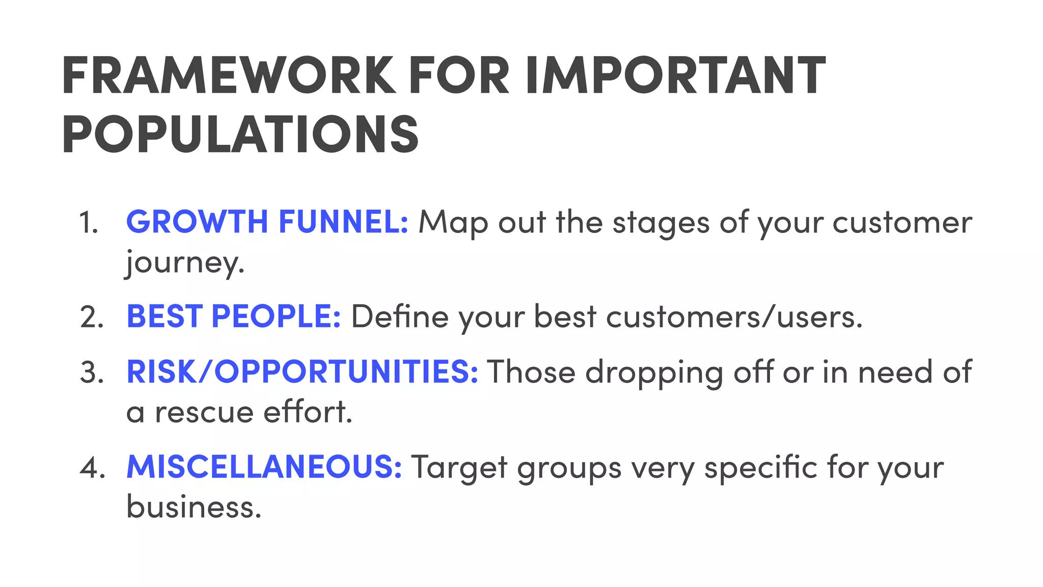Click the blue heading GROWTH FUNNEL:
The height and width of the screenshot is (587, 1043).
267,222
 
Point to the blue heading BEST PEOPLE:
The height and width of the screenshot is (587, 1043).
234,316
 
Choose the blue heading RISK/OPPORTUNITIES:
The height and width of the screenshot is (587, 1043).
303,371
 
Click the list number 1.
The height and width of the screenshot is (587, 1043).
89,223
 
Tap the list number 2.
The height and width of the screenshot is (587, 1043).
92,317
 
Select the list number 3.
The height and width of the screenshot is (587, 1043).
92,372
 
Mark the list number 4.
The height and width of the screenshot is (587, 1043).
92,467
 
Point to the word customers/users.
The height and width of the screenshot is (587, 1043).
734,317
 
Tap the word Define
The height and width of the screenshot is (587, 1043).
400,317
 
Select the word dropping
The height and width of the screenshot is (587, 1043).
654,372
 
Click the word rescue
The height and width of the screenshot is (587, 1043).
204,412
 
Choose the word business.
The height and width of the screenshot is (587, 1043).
194,507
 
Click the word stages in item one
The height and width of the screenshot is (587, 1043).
661,223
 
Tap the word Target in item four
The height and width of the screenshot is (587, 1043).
459,467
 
